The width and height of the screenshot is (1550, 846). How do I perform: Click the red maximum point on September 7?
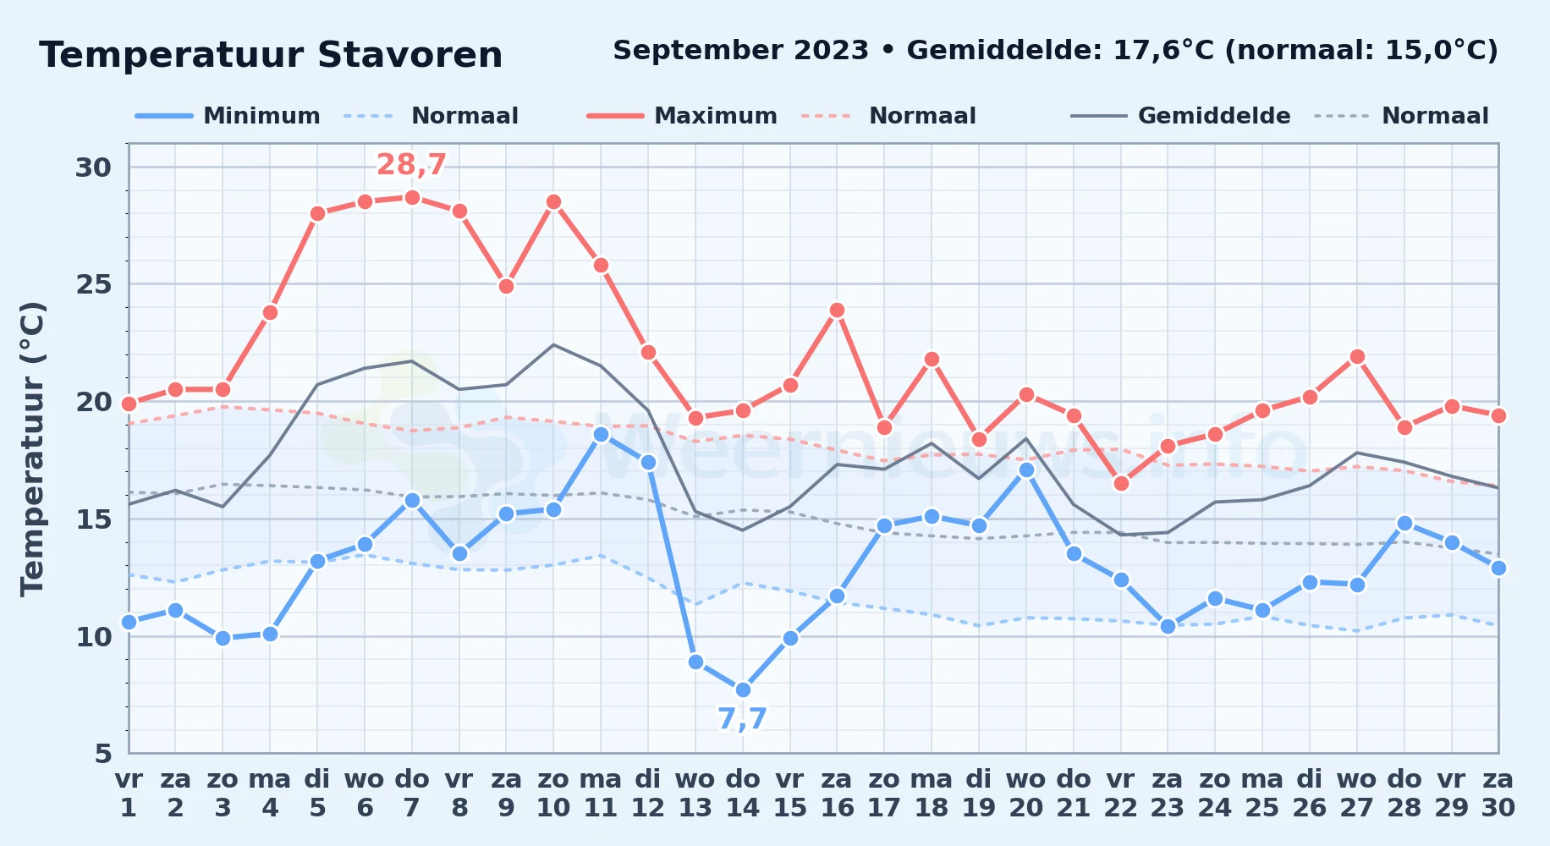pyautogui.click(x=412, y=197)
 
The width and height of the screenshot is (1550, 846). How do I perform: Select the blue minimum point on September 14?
pyautogui.click(x=743, y=689)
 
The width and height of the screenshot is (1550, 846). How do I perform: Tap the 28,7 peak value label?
pyautogui.click(x=411, y=164)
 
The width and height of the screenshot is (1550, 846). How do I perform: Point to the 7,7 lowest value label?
pyautogui.click(x=742, y=719)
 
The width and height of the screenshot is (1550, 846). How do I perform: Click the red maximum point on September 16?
pyautogui.click(x=838, y=310)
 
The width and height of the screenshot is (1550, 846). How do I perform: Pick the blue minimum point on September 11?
pyautogui.click(x=601, y=434)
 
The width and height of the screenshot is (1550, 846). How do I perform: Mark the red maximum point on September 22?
pyautogui.click(x=1121, y=483)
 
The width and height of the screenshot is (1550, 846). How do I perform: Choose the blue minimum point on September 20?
pyautogui.click(x=1026, y=470)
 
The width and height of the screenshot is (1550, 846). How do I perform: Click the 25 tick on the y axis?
pyautogui.click(x=93, y=284)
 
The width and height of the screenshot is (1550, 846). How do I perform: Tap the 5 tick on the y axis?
pyautogui.click(x=102, y=753)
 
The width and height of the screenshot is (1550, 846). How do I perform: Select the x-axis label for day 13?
pyautogui.click(x=695, y=793)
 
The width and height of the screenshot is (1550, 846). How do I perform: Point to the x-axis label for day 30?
pyautogui.click(x=1498, y=793)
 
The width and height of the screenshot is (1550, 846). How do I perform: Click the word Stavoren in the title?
pyautogui.click(x=410, y=55)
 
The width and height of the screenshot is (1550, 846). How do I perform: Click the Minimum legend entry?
pyautogui.click(x=228, y=116)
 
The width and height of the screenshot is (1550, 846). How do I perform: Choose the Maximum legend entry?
pyautogui.click(x=682, y=116)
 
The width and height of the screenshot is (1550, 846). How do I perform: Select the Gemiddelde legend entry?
pyautogui.click(x=1181, y=116)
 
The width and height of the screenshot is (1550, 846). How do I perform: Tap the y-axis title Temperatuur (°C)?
pyautogui.click(x=32, y=448)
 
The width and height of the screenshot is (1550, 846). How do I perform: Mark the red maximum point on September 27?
pyautogui.click(x=1357, y=356)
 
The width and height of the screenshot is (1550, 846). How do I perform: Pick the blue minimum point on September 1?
pyautogui.click(x=129, y=622)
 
